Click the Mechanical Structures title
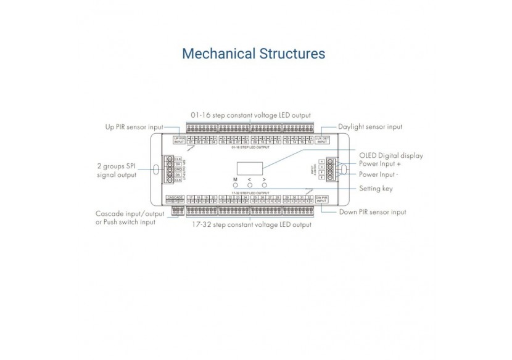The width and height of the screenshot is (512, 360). pyautogui.click(x=254, y=54)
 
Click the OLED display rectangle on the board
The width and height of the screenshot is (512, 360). pyautogui.click(x=249, y=168)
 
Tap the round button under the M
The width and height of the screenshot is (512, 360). pyautogui.click(x=235, y=185)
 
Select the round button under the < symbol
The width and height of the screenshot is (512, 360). pyautogui.click(x=250, y=185)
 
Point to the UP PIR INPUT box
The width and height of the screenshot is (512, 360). pyautogui.click(x=179, y=140)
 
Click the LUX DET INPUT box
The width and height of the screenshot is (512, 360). pyautogui.click(x=321, y=140)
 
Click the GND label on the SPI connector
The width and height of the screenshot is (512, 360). pyautogui.click(x=177, y=169)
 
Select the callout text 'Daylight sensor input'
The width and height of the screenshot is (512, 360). pyautogui.click(x=371, y=127)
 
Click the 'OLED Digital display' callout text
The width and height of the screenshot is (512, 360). pyautogui.click(x=391, y=156)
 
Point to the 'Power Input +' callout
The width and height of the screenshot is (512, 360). pyautogui.click(x=381, y=165)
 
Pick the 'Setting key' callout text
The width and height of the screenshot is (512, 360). pyautogui.click(x=376, y=189)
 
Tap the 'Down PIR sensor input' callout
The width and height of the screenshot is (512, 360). pyautogui.click(x=373, y=212)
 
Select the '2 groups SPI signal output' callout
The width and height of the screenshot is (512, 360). pyautogui.click(x=117, y=170)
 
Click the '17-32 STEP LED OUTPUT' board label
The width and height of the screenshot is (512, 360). pyautogui.click(x=250, y=193)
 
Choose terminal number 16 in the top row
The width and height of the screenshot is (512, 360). pyautogui.click(x=308, y=142)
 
